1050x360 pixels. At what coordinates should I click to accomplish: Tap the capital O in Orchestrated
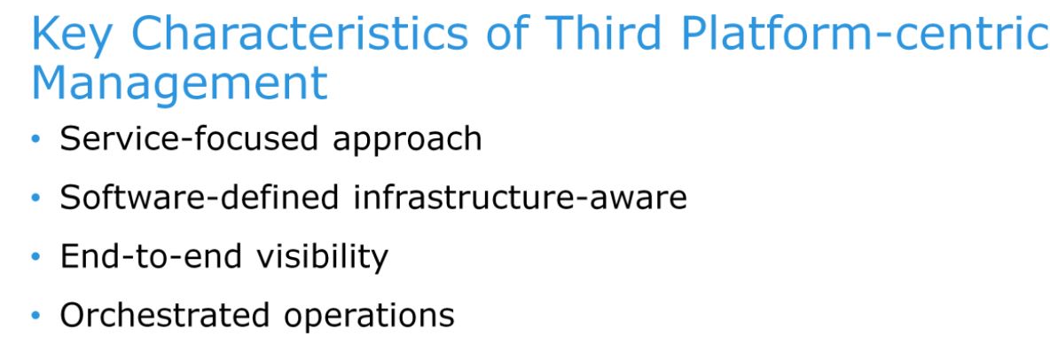click(74, 315)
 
